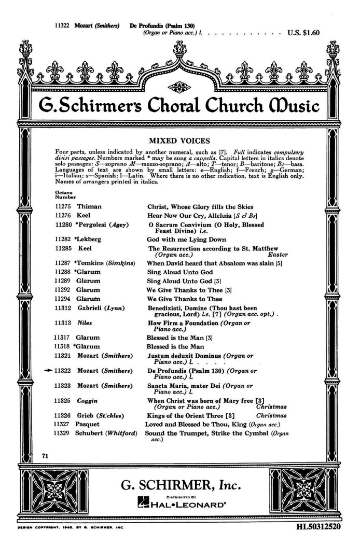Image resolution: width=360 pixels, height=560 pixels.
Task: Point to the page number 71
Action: point(45,455)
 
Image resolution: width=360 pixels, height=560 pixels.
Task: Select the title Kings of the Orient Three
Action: point(186,415)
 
